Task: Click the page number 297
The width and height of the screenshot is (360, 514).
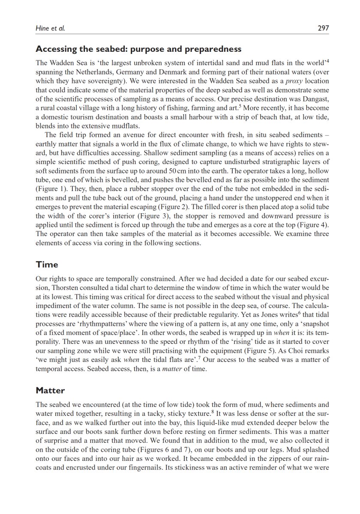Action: pos(323,28)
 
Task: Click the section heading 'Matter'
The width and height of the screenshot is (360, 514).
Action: pos(50,390)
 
